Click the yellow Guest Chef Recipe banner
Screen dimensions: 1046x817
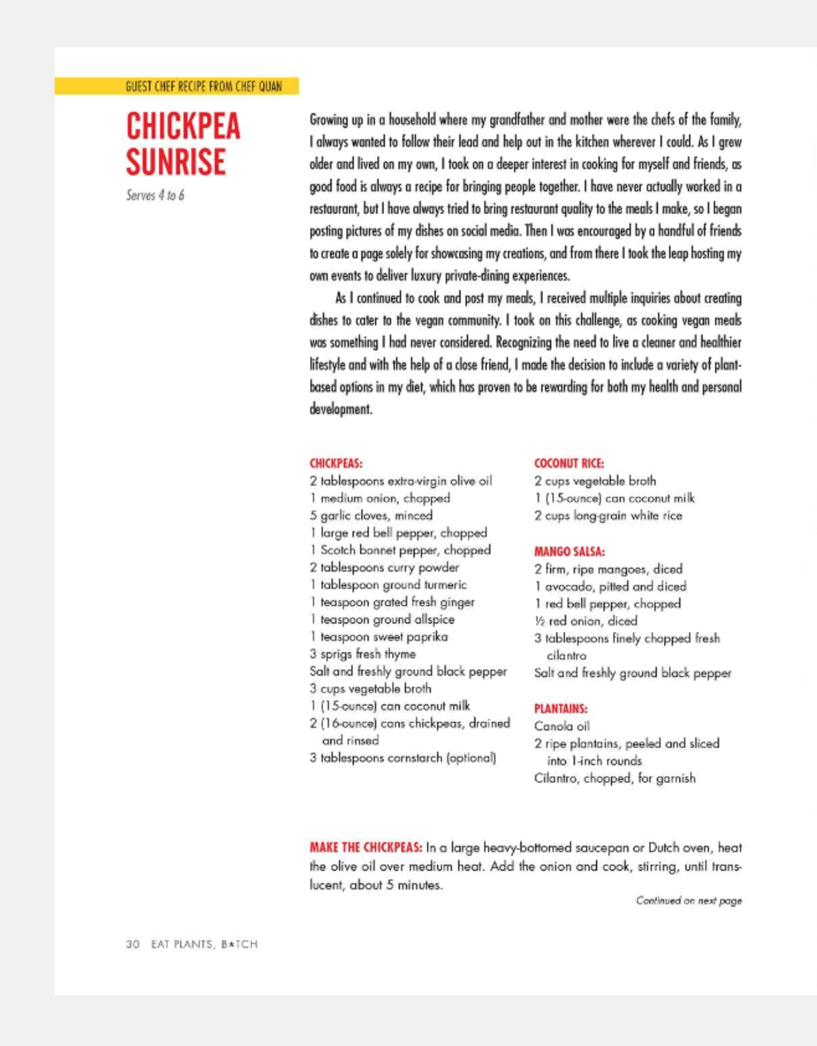[x=177, y=86]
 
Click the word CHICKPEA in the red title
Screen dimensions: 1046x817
[x=183, y=126]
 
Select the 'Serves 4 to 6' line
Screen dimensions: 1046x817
[x=155, y=196]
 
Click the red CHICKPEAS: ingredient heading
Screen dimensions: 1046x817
[x=335, y=463]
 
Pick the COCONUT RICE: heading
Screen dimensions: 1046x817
[x=569, y=463]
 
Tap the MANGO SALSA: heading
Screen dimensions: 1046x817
[x=569, y=552]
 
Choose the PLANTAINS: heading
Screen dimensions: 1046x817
[x=561, y=708]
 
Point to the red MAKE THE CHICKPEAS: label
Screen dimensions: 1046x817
[x=366, y=848]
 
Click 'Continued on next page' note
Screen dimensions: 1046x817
[x=688, y=900]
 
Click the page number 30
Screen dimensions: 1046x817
[x=133, y=944]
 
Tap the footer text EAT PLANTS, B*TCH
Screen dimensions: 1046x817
[x=204, y=944]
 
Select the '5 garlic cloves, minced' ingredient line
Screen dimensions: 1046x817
[x=371, y=515]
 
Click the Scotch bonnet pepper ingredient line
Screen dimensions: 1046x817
[x=400, y=550]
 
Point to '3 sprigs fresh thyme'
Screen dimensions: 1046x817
[x=363, y=654]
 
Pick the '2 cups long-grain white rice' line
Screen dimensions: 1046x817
[x=608, y=516]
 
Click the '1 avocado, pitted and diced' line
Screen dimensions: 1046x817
[x=610, y=586]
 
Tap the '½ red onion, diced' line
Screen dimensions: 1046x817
[x=586, y=621]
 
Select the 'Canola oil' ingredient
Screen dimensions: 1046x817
[x=562, y=726]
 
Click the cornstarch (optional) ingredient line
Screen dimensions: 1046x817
[x=402, y=758]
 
